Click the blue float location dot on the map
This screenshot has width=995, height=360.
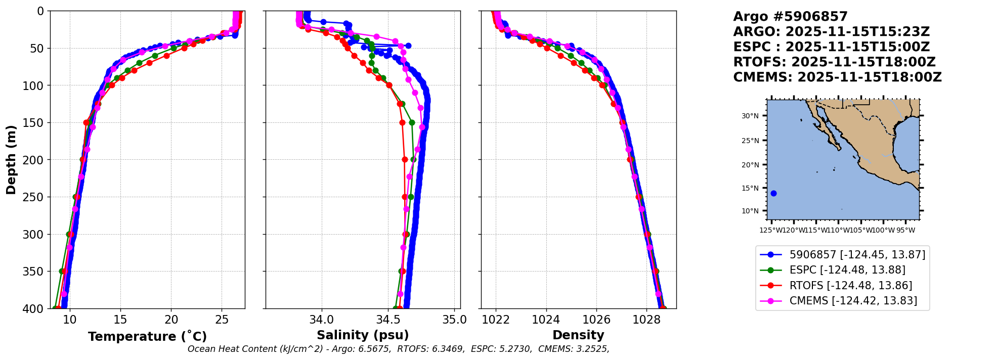[x=773, y=193]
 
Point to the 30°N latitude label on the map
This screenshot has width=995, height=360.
[x=750, y=116]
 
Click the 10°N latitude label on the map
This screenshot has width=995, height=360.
[x=750, y=211]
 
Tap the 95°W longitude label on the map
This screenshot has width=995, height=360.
[x=905, y=231]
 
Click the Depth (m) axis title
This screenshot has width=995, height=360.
[x=11, y=159]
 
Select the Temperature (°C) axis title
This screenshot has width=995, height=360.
[x=147, y=336]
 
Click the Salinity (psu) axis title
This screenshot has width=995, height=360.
[x=363, y=335]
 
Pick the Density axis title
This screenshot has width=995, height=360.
[x=578, y=335]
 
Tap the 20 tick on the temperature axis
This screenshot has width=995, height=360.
[x=171, y=320]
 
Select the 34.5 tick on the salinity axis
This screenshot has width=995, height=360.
[x=388, y=320]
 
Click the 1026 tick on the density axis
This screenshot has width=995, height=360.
[x=596, y=320]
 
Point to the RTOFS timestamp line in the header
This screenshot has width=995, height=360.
[x=834, y=62]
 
